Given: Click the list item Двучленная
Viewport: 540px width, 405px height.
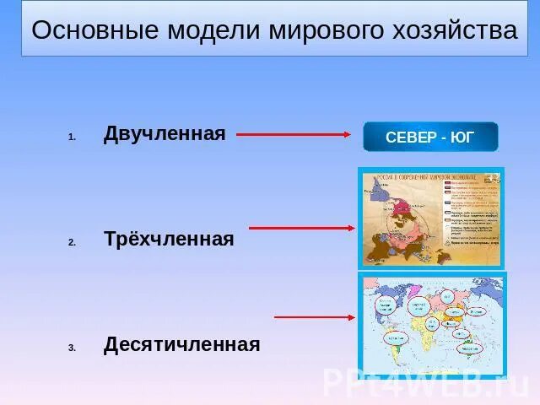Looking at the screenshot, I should pos(165,133).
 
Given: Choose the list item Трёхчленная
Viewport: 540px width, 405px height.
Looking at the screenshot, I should pos(169,239).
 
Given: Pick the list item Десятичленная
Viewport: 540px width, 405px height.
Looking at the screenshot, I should pos(181,344).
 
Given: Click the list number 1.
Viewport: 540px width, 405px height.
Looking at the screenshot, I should pos(73,137).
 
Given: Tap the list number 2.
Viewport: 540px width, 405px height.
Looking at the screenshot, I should pos(73,242).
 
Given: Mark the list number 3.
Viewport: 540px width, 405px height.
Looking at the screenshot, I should pos(73,348).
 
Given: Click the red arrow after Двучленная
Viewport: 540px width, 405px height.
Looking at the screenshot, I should pos(293,134).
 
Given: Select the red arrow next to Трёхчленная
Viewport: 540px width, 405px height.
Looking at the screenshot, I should pos(301,228).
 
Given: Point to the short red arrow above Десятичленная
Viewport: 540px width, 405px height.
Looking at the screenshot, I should pos(314,317).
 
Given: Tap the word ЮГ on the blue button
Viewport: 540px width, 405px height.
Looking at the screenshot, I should pos(462,138).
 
